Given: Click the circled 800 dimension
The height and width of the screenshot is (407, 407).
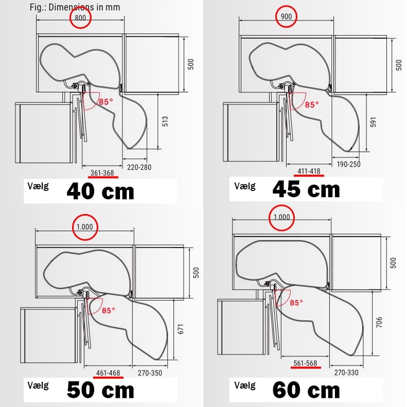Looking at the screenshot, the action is [x=80, y=18].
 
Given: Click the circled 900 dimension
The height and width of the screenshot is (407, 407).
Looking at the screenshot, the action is [x=286, y=16].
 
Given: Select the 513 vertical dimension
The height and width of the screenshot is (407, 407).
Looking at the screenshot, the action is [x=165, y=121].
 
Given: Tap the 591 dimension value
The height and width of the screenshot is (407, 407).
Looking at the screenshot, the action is [x=373, y=122].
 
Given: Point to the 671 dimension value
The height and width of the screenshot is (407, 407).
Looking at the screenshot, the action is [x=181, y=329].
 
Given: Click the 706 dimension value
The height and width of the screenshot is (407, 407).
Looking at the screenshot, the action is [x=379, y=322].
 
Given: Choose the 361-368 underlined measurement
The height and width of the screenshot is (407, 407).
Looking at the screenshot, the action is [x=102, y=173].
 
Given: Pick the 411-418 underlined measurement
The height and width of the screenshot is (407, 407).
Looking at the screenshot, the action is [x=309, y=171].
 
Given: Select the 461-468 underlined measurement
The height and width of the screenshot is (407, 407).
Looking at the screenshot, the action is [x=108, y=373].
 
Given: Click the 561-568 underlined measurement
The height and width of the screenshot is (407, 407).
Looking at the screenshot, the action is [x=305, y=363].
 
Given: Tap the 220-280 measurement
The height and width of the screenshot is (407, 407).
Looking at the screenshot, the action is [x=139, y=167].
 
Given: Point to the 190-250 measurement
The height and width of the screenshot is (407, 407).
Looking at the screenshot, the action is [x=348, y=164].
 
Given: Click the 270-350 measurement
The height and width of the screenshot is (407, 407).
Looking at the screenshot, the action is [x=150, y=373].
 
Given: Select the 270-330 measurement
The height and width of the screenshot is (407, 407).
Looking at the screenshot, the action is [x=346, y=373].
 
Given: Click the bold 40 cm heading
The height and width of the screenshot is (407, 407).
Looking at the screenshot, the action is [x=100, y=191].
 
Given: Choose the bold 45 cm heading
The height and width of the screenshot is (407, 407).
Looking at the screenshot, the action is [x=306, y=189].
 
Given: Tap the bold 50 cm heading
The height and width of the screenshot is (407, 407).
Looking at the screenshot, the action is [x=100, y=390].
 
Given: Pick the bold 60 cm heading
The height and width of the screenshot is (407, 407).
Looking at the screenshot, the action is [x=306, y=390].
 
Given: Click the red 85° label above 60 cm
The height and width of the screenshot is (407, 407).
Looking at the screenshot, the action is [x=296, y=303].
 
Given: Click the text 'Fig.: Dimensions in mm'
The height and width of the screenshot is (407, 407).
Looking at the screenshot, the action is [x=75, y=7].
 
